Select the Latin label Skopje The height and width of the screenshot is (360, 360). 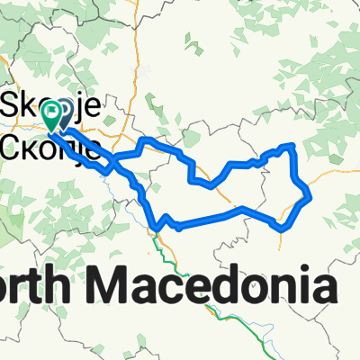(54, 99)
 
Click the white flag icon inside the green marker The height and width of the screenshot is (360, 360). (54, 112)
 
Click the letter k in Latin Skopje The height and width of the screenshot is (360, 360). (30, 99)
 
